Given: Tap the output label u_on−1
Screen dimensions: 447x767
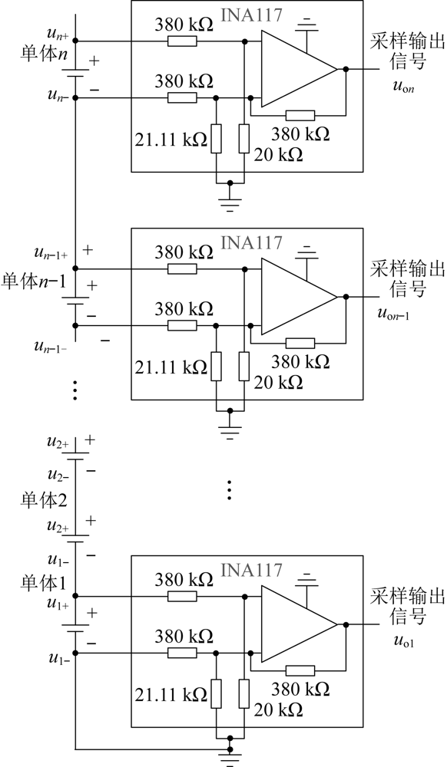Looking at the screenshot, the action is click(x=393, y=314).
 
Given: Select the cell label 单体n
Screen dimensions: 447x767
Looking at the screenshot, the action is click(x=44, y=54).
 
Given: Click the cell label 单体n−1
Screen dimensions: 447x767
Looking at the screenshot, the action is click(x=35, y=282).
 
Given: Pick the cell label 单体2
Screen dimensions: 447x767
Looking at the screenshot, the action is click(x=44, y=500).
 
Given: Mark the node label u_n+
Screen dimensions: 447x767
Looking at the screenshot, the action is click(x=58, y=35).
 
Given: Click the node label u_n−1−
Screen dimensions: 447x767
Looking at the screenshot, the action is click(x=51, y=347).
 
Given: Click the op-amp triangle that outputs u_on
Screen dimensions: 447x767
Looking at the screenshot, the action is click(x=299, y=69).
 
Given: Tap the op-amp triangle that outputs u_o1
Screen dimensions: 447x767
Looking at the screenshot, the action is click(x=299, y=624).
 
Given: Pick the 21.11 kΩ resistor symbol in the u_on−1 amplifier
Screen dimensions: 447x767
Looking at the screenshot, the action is click(x=217, y=366).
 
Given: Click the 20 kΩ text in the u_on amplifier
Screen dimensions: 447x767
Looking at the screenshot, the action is click(x=278, y=155).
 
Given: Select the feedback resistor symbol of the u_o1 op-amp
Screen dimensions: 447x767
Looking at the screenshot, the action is click(x=300, y=670).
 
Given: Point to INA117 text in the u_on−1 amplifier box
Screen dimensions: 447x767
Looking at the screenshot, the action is click(x=252, y=242).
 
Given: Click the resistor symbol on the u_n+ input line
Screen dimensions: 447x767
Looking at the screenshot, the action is click(x=182, y=41).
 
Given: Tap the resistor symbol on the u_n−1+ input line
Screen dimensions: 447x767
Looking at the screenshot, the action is click(x=182, y=268).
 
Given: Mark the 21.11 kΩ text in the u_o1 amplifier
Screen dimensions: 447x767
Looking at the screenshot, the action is click(x=171, y=694).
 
